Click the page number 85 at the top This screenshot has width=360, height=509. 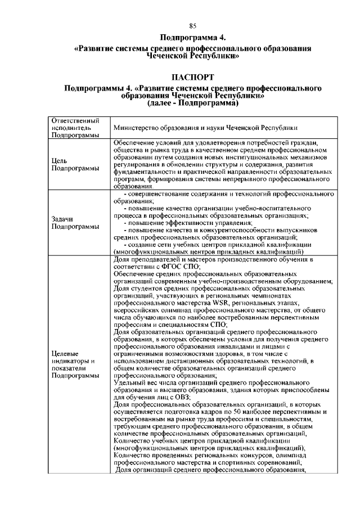coord(192,26)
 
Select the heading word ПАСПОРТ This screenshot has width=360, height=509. coord(192,76)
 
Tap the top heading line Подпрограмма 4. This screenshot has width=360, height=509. coord(192,38)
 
